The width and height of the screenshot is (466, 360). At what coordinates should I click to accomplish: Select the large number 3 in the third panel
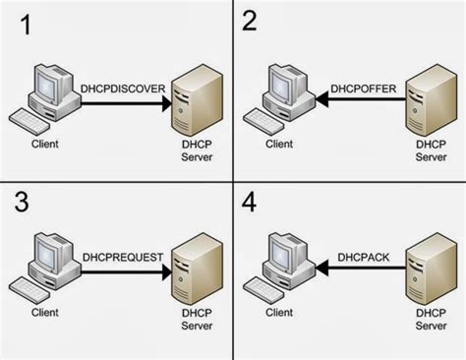(x=20, y=204)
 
